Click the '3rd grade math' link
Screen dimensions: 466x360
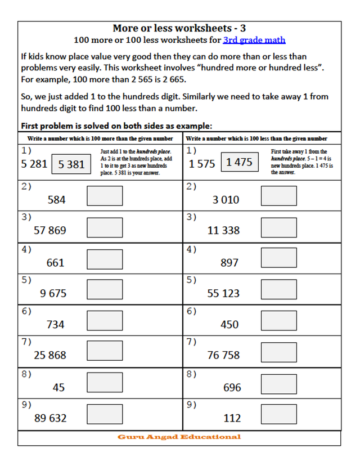254,40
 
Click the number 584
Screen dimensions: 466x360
56,199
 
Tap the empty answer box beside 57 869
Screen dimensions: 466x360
105,226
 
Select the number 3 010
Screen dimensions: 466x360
226,199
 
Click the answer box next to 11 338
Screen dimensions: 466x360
279,226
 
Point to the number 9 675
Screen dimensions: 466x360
53,293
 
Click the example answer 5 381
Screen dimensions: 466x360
71,164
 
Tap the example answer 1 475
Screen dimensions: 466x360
240,163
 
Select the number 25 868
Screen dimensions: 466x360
50,355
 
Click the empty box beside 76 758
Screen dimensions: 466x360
279,352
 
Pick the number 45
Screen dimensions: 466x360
58,387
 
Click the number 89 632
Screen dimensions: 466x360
51,418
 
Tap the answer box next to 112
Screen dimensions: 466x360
279,415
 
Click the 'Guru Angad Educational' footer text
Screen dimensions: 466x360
179,437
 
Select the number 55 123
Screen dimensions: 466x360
223,293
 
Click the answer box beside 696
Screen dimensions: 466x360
279,384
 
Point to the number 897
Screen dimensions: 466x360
229,262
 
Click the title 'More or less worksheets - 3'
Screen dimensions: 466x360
179,28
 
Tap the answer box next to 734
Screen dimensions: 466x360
105,321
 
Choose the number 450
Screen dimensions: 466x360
229,324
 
